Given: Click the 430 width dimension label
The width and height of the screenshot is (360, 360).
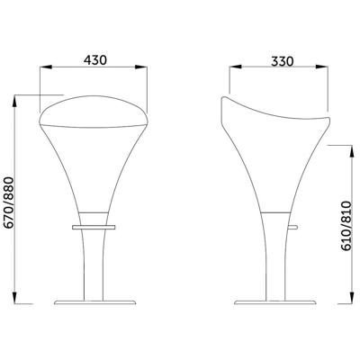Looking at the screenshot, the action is click(x=95, y=60).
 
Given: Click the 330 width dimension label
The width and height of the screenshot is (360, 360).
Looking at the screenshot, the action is click(x=283, y=61).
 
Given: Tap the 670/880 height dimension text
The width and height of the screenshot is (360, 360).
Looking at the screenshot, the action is click(x=9, y=202).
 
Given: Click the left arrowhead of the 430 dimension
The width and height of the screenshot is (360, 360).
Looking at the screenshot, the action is click(x=46, y=67).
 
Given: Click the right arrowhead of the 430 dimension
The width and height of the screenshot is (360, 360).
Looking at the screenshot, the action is click(x=141, y=67).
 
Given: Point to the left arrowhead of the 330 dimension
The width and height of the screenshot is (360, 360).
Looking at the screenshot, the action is click(x=236, y=67).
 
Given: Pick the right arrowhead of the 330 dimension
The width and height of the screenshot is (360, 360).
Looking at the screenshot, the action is click(x=321, y=67).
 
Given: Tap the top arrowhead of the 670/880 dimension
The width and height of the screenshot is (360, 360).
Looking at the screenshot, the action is click(x=14, y=101).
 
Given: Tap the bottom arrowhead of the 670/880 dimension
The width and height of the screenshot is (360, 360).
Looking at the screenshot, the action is click(x=14, y=298).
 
